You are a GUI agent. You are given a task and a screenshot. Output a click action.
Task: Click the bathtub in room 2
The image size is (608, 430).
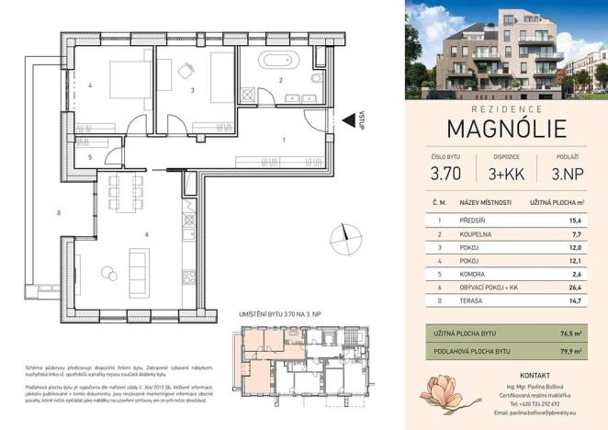coord(277,63)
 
